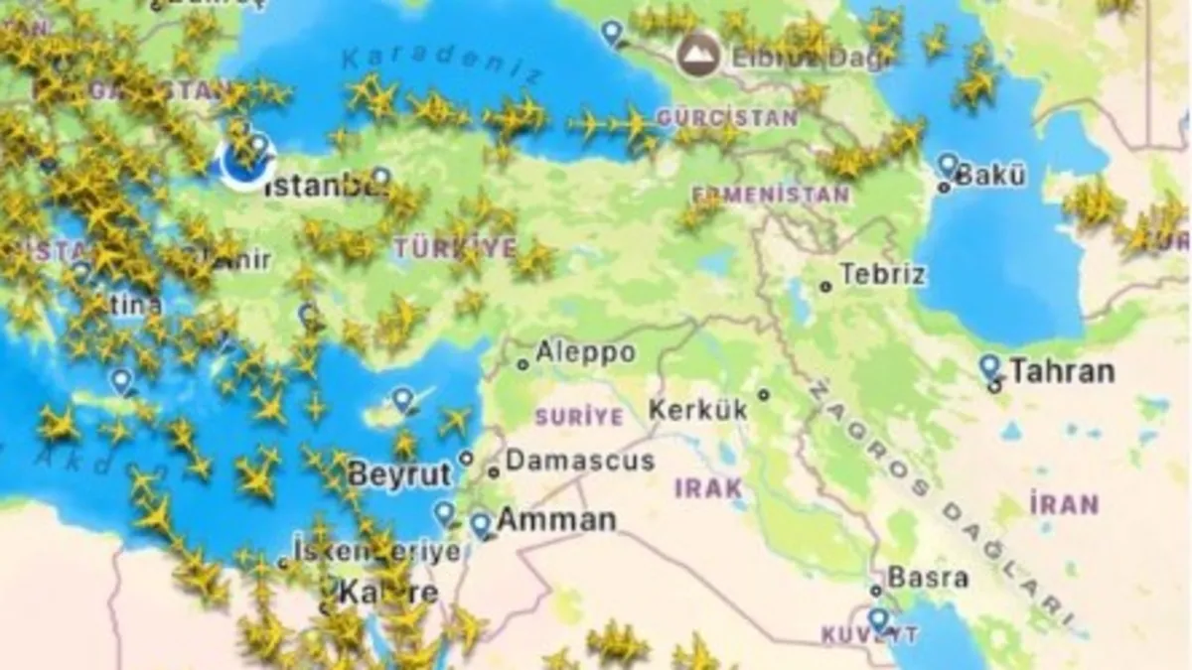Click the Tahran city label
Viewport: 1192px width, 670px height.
pyautogui.click(x=1061, y=372)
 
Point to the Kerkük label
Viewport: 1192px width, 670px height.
pyautogui.click(x=697, y=409)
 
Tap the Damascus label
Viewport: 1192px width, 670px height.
pyautogui.click(x=580, y=461)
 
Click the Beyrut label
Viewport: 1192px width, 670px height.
pyautogui.click(x=399, y=474)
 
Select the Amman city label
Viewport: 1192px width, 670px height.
pyautogui.click(x=555, y=520)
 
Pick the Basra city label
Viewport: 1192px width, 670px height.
pyautogui.click(x=927, y=577)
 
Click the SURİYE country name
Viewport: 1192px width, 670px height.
pyautogui.click(x=579, y=417)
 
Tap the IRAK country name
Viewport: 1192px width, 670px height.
pyautogui.click(x=708, y=487)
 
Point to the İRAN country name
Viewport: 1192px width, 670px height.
pyautogui.click(x=1064, y=503)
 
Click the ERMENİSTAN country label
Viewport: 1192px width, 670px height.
pyautogui.click(x=770, y=193)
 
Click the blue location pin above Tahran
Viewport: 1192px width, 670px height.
pyautogui.click(x=989, y=366)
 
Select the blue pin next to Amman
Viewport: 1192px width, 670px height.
pyautogui.click(x=481, y=523)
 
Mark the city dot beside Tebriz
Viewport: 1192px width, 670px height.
pyautogui.click(x=825, y=286)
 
